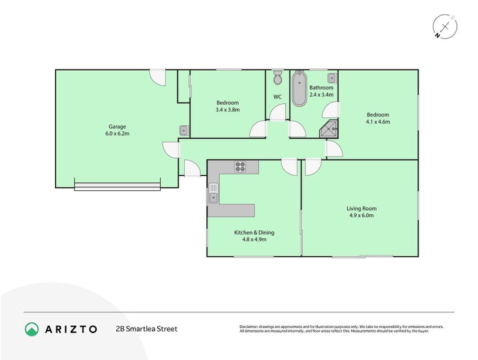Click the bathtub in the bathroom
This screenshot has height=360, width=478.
[x=298, y=89]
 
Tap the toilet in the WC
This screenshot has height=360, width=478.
[x=277, y=79]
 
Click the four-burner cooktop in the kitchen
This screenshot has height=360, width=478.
[x=240, y=167]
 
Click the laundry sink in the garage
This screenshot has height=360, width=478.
[x=184, y=131]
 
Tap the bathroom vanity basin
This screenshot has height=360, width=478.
[x=331, y=77]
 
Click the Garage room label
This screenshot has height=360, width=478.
[x=117, y=126]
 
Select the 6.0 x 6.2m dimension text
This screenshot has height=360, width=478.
[x=117, y=134]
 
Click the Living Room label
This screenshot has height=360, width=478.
[x=361, y=208]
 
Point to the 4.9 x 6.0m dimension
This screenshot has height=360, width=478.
[x=361, y=215]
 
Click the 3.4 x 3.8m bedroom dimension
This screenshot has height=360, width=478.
[x=227, y=110]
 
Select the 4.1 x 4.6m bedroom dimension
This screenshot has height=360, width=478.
[x=378, y=122]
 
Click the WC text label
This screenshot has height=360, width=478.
[x=277, y=97]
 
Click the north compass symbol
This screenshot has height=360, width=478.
[x=445, y=27]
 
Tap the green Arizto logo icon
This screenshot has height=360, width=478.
[x=31, y=329]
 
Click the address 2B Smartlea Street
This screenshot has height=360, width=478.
[x=146, y=329]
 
